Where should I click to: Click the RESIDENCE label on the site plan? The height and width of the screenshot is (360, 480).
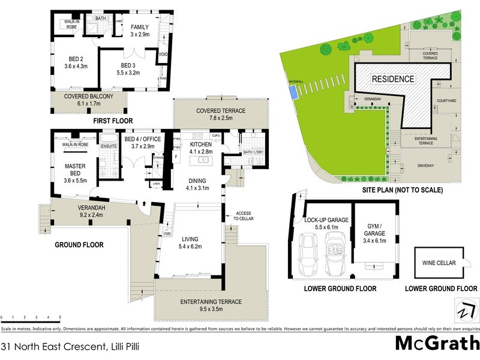[x=393, y=79]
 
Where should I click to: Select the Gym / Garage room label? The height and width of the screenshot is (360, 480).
[x=375, y=231]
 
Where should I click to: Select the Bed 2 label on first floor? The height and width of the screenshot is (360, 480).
[x=76, y=63]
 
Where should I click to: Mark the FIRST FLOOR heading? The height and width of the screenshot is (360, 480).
[x=112, y=121]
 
